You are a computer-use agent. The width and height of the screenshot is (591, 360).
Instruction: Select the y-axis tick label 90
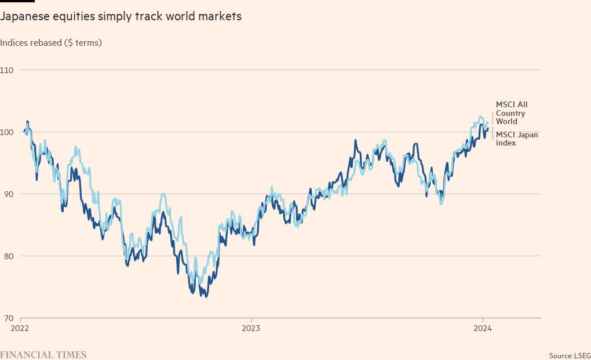click(x=8, y=194)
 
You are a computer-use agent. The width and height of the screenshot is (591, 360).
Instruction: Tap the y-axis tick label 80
click(x=8, y=256)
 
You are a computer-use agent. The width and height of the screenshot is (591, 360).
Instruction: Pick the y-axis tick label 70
click(x=8, y=318)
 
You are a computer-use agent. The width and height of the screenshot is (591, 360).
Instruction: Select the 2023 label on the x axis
click(x=251, y=328)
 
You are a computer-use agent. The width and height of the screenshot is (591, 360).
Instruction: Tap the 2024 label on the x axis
click(x=483, y=328)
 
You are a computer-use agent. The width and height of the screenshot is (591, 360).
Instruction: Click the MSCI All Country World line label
click(x=511, y=113)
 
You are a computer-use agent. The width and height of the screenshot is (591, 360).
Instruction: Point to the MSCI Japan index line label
click(x=517, y=139)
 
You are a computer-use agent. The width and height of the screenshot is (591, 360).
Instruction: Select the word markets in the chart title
click(x=220, y=17)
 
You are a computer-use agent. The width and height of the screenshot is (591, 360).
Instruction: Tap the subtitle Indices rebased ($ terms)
click(x=51, y=43)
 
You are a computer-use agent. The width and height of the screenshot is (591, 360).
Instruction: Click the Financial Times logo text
click(x=43, y=354)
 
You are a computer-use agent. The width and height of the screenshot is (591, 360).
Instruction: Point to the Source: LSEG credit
click(x=570, y=355)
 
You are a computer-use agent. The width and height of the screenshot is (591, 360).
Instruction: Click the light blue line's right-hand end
click(x=488, y=122)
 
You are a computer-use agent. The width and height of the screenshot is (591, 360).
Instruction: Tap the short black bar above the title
click(x=17, y=1)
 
